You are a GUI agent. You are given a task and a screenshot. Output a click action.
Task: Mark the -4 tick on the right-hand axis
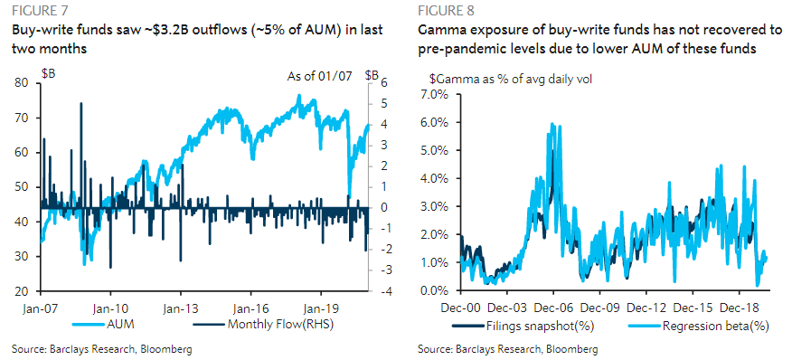384,291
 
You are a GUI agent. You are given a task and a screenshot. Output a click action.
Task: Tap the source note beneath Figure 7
102,348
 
